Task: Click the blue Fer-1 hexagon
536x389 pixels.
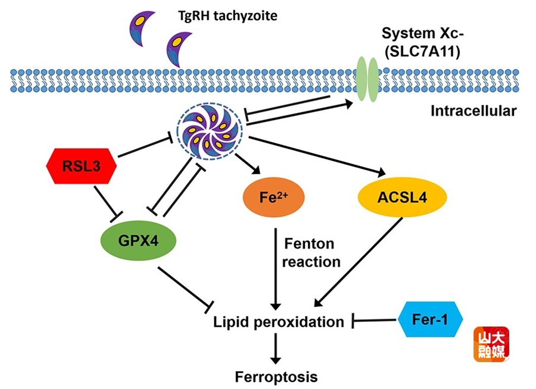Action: click(431, 320)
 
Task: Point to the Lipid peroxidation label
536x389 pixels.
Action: click(279, 322)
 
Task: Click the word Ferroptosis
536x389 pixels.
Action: click(276, 377)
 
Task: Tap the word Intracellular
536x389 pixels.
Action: click(473, 111)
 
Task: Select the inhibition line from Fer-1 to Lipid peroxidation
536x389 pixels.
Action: click(375, 322)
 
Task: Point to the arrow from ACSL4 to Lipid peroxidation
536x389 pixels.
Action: click(363, 259)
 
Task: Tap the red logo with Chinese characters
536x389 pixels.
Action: click(491, 344)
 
